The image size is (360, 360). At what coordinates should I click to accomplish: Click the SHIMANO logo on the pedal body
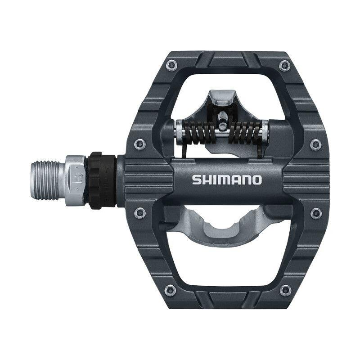(227, 180)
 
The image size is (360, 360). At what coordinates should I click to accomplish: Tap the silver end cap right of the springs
(266, 130)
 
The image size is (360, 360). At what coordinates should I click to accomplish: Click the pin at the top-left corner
(170, 66)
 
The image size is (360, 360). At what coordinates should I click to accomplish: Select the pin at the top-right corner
(283, 66)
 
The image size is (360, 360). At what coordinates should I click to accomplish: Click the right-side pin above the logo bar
(315, 144)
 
